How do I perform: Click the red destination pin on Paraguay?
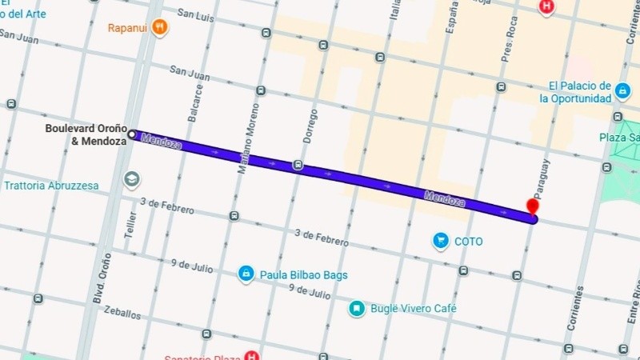point(532,206)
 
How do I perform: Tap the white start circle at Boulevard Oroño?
point(132,134)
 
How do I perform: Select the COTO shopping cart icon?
point(440,240)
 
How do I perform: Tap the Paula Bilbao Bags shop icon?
point(246,274)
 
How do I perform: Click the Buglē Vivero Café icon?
point(358,308)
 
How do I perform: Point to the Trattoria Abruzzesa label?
point(51,186)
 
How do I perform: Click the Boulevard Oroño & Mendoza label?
point(86,135)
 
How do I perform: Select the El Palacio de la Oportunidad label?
point(579,92)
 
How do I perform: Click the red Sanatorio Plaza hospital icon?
point(251,356)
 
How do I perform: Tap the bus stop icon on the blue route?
point(298,166)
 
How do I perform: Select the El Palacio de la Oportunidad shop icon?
point(622,91)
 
